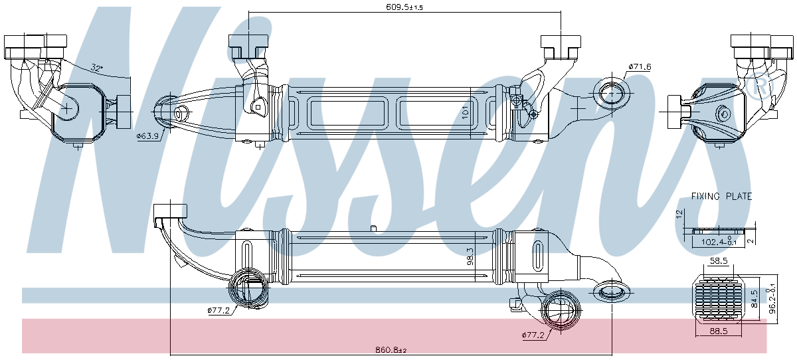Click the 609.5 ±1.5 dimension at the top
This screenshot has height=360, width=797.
(x=404, y=7)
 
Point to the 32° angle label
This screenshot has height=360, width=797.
(x=97, y=68)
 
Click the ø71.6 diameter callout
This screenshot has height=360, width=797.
(x=640, y=67)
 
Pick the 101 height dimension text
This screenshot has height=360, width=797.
(x=465, y=111)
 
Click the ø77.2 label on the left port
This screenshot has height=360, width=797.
(x=218, y=310)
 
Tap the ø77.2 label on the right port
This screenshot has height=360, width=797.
(x=533, y=335)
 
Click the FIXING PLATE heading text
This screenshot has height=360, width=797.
(x=721, y=197)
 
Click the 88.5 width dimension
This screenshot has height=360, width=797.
(x=719, y=330)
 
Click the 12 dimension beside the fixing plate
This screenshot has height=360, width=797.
(x=679, y=214)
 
